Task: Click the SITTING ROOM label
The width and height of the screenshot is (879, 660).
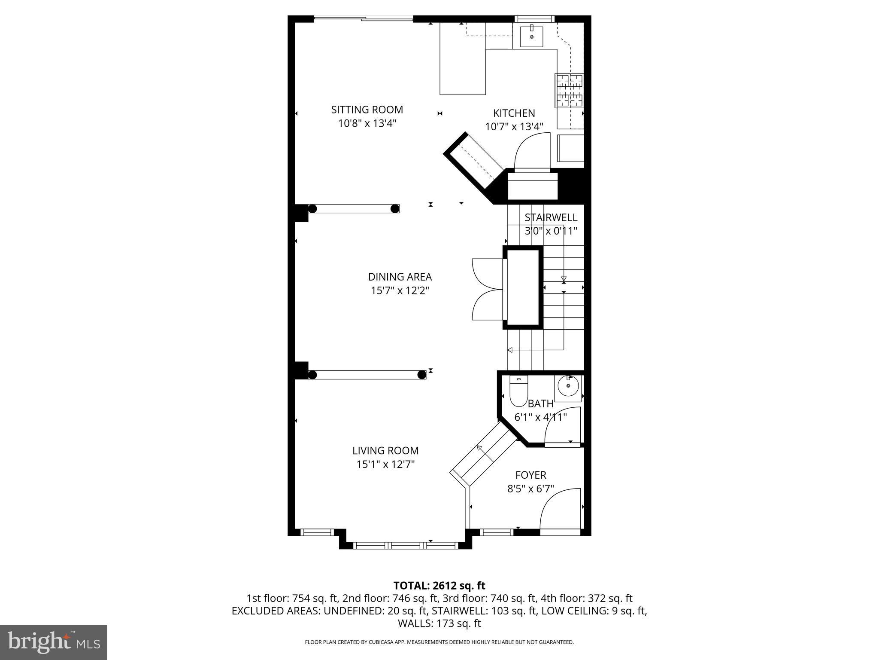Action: point(367,110)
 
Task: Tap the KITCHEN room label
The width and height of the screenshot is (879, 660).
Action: point(514,113)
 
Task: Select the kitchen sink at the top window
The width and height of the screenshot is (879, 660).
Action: point(531,37)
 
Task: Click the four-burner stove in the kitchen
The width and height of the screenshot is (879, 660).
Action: point(569,90)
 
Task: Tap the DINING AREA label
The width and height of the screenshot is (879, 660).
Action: point(400,277)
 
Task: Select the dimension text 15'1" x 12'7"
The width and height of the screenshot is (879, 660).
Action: point(385,464)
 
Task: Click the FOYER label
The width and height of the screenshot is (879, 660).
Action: point(530,475)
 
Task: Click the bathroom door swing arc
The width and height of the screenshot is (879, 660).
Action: point(562,425)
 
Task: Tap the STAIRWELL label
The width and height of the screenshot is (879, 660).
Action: point(551,217)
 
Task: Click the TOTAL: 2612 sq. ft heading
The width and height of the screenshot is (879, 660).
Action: point(439,586)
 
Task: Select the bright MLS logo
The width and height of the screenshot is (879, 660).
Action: point(54,642)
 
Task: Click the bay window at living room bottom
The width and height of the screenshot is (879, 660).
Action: point(405,545)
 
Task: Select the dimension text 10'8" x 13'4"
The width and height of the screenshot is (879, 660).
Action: point(367,123)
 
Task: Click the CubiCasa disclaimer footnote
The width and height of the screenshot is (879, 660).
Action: point(439,642)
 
